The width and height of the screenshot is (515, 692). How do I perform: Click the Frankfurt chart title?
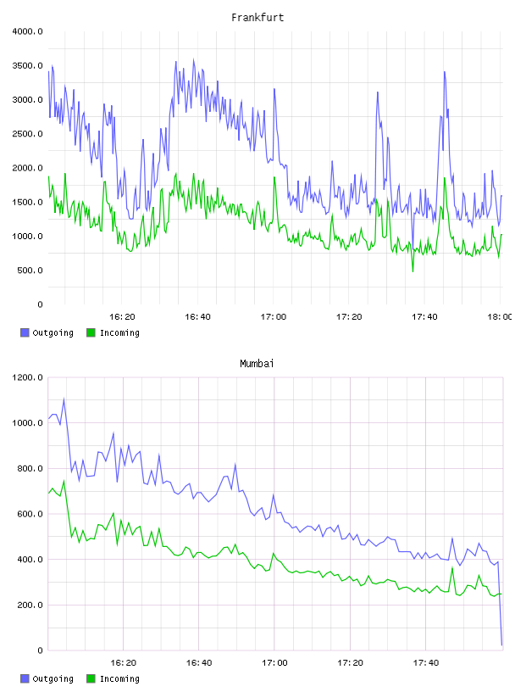click(x=257, y=17)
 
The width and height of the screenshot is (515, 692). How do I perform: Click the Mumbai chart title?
click(x=257, y=363)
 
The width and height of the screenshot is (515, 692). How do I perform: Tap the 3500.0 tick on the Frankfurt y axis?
click(x=28, y=66)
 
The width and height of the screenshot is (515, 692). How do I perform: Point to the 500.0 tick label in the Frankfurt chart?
click(x=30, y=270)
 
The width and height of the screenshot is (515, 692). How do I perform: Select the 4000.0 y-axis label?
click(x=28, y=31)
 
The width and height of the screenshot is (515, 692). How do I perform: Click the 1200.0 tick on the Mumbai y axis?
click(x=28, y=377)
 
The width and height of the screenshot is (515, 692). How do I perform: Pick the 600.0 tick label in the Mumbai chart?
click(x=30, y=514)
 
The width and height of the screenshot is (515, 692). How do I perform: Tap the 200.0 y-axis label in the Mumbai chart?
click(x=30, y=605)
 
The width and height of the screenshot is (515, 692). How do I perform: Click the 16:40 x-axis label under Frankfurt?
click(x=197, y=316)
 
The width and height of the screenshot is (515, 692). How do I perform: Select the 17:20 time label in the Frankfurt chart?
click(x=349, y=316)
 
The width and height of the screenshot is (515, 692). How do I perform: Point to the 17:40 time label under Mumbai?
click(x=426, y=662)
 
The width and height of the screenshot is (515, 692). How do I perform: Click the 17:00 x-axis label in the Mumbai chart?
click(x=274, y=662)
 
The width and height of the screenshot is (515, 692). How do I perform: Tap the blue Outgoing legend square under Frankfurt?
click(x=25, y=332)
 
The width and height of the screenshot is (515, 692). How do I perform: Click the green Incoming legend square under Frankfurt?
click(x=91, y=332)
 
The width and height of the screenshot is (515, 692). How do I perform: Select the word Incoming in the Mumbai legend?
click(x=119, y=678)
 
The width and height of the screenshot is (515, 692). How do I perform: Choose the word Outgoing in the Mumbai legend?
click(x=53, y=678)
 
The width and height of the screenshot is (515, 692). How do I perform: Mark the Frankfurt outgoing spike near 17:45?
click(x=445, y=72)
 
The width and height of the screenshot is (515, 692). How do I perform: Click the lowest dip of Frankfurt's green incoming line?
click(x=413, y=271)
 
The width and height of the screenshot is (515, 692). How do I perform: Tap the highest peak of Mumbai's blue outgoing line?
click(x=64, y=399)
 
